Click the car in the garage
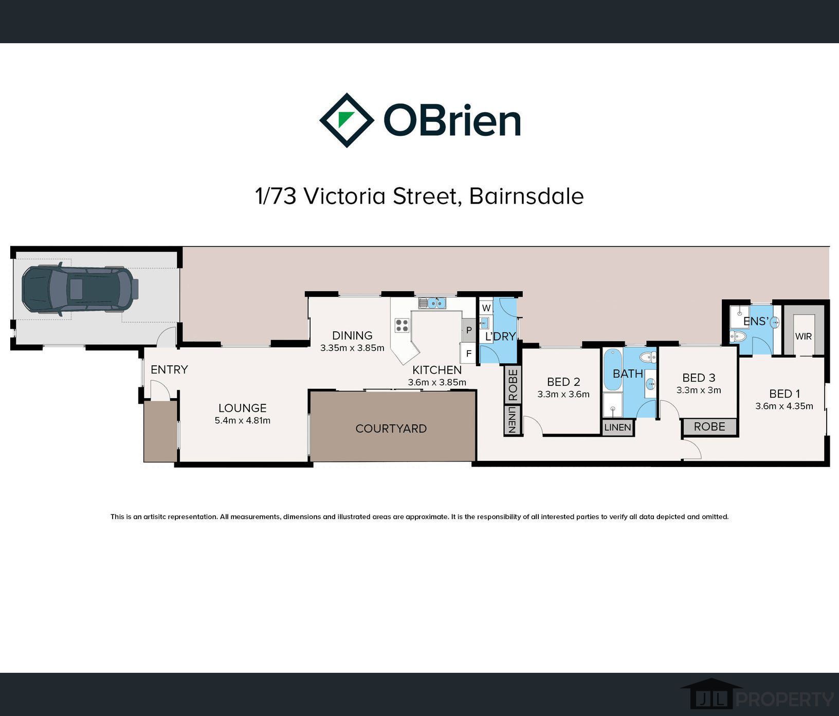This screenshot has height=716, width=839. pos(80,289)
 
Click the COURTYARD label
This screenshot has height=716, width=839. pos(391,428)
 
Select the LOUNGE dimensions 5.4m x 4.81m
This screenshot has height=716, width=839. pos(243,420)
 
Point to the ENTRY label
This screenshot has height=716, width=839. pos(169,369)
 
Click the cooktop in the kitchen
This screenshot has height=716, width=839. pos(402,325)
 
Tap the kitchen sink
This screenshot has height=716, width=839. pos(432,303)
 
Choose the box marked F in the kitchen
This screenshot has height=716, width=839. pos(468,353)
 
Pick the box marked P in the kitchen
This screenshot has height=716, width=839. pos(469,330)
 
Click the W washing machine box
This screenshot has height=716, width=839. pos(486,308)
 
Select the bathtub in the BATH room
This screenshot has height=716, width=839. pos(612,369)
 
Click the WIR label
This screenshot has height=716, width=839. pos(804,336)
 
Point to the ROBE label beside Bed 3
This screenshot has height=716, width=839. pos(709,426)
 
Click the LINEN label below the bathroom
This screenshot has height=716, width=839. pos(617,427)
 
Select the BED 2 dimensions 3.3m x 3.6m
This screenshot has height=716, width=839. pos(563,395)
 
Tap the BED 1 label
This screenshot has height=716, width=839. pos(785,394)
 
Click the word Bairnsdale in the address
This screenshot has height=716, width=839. pos(526,196)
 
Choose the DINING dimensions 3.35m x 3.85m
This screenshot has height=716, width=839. pos(352,348)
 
